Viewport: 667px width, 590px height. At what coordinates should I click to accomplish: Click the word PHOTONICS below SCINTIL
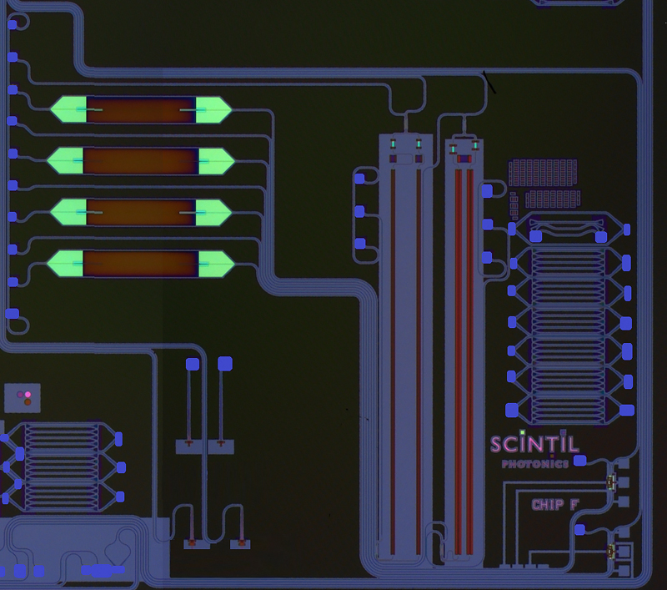(x=535, y=463)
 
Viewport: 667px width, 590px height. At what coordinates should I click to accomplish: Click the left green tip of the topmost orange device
(x=67, y=109)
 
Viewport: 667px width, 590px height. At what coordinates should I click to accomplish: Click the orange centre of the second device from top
(x=140, y=160)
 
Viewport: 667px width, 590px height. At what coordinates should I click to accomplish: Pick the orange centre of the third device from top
(x=140, y=212)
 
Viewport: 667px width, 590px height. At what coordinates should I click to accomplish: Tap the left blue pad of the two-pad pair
(x=192, y=364)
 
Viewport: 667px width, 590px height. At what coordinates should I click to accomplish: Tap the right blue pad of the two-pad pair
(x=224, y=364)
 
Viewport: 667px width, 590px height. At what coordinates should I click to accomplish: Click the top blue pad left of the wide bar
(x=360, y=177)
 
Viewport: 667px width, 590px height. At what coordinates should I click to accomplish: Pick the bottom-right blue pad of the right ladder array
(x=627, y=409)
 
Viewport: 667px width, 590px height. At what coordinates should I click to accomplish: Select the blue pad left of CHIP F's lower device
(x=581, y=529)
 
